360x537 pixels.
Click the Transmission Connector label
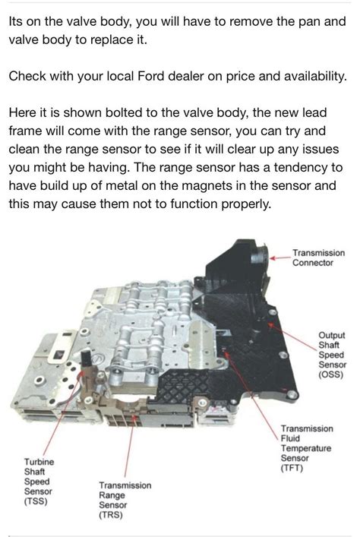(318, 258)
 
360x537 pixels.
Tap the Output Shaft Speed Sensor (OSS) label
(332, 355)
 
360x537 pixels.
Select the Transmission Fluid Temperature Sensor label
(307, 448)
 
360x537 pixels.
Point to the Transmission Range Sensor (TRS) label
(125, 500)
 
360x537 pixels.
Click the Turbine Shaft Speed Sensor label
(39, 482)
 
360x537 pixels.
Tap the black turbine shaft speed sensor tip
(85, 358)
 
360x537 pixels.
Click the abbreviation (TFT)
(292, 468)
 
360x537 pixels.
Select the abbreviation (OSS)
(331, 374)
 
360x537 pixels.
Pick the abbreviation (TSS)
(36, 501)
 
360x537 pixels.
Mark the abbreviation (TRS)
(111, 514)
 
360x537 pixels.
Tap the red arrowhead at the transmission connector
(273, 258)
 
